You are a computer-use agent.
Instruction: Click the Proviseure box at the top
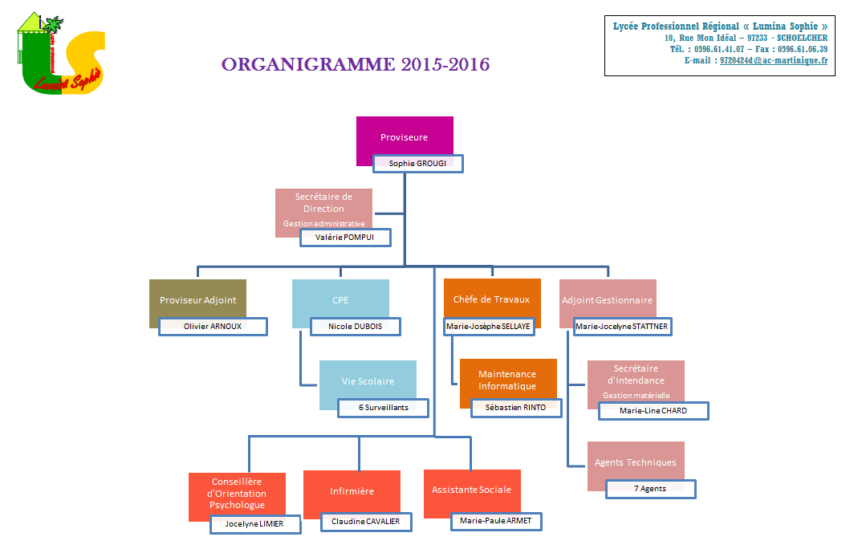(x=405, y=136)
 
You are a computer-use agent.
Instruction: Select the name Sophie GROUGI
(x=417, y=163)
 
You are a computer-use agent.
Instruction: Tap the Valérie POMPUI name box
(x=345, y=238)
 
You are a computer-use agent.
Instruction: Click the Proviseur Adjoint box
(x=197, y=299)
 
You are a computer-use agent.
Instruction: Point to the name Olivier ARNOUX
(x=213, y=327)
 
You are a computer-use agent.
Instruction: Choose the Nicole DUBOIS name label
(x=356, y=327)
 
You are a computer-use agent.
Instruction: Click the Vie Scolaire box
(x=368, y=381)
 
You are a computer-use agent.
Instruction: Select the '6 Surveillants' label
(x=384, y=408)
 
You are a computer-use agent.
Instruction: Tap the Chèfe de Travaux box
(x=492, y=299)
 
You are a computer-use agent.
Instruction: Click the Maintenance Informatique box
(x=508, y=380)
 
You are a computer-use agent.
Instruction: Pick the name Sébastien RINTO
(x=516, y=408)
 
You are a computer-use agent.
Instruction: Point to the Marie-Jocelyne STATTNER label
(x=622, y=327)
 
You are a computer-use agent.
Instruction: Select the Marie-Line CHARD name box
(x=653, y=411)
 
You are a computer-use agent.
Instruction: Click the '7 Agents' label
(x=650, y=489)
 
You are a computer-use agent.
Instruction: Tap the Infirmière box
(x=352, y=491)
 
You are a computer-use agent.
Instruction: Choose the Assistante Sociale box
(x=472, y=490)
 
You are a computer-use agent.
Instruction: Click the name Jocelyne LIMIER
(x=255, y=524)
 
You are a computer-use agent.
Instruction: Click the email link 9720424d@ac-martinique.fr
(x=774, y=60)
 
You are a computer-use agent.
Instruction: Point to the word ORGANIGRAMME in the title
(x=308, y=64)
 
